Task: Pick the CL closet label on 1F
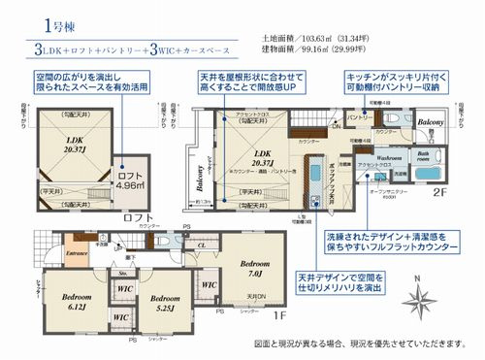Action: (x=200, y=246)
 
